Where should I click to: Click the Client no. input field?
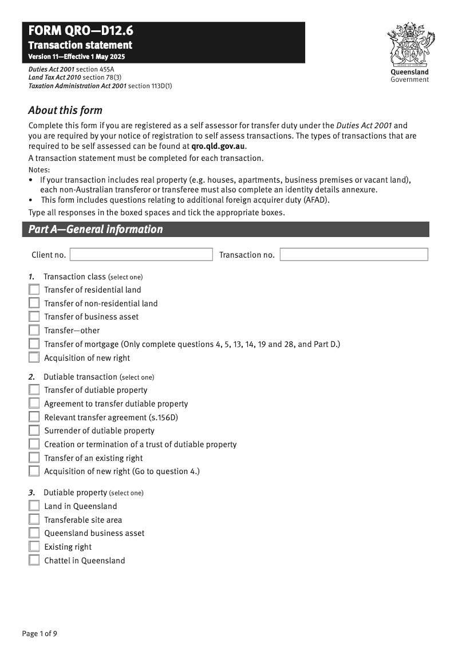pos(141,255)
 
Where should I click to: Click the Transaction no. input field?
pos(354,255)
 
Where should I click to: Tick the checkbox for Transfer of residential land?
pos(34,290)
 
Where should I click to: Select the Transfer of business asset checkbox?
pos(34,317)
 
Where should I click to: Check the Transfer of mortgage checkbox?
pos(34,344)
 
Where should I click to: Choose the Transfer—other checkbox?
pos(34,330)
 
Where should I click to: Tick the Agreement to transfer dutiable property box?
pos(34,404)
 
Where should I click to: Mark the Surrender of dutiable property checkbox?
pos(34,431)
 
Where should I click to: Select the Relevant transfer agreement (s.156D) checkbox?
pos(34,417)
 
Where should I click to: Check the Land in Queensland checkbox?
pos(34,506)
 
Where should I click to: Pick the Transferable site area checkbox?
pos(34,520)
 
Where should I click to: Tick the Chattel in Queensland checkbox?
pos(34,561)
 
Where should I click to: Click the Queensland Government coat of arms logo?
pos(409,46)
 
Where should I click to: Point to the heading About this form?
pos(65,111)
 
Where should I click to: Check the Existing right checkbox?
pos(34,547)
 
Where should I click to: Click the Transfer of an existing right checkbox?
pos(34,458)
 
